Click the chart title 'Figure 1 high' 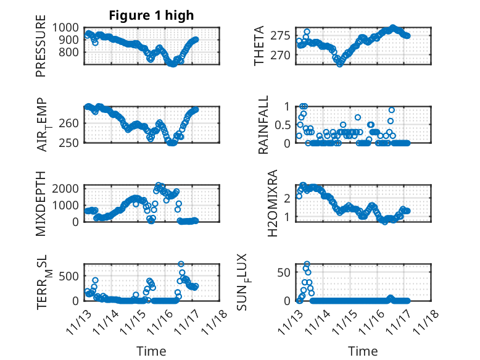[x=152, y=16]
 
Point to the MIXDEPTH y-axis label [x=41, y=203]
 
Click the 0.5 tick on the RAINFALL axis [x=288, y=125]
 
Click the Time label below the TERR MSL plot [x=151, y=351]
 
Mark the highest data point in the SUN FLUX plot [x=307, y=264]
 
